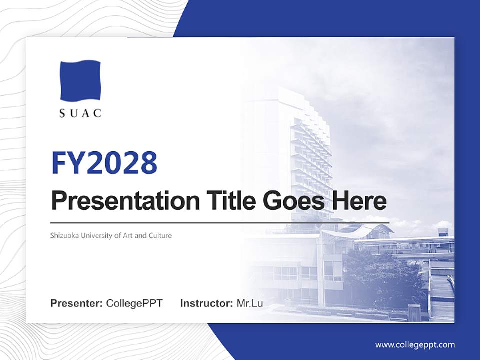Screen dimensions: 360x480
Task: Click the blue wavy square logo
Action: (x=80, y=80)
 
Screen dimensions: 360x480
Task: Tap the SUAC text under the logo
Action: (x=80, y=113)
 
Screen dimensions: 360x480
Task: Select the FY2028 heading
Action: (x=104, y=163)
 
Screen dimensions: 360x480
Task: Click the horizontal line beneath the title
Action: (x=220, y=222)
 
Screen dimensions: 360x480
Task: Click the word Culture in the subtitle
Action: (x=160, y=235)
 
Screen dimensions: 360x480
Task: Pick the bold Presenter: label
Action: (x=77, y=303)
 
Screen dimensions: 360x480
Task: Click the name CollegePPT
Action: (x=134, y=303)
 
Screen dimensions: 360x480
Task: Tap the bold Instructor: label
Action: (x=207, y=303)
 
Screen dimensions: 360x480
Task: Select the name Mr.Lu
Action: (x=250, y=303)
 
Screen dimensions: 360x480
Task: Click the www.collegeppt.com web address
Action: (x=415, y=345)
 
